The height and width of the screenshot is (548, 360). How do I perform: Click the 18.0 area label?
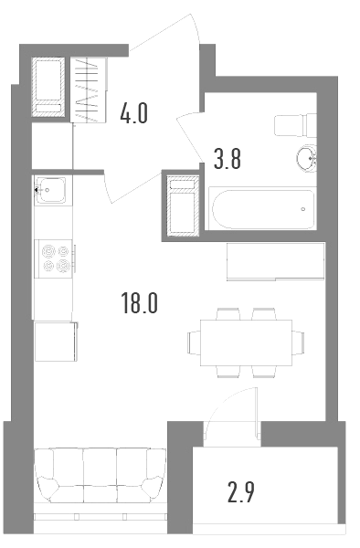tap(139, 303)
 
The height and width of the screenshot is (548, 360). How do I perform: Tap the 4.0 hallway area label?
tap(133, 113)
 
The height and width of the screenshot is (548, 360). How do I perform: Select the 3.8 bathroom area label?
tap(228, 159)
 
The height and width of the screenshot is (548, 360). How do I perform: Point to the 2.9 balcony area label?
tap(241, 491)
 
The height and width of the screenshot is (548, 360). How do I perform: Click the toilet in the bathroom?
tap(295, 125)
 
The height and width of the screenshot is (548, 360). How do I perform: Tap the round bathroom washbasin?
tap(306, 159)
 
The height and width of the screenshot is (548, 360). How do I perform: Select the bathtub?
tap(262, 208)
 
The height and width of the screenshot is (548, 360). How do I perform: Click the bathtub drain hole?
tap(303, 209)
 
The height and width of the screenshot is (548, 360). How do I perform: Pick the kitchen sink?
tap(51, 190)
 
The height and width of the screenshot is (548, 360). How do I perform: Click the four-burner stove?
tap(55, 258)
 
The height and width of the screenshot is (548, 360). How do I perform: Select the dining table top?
tap(246, 342)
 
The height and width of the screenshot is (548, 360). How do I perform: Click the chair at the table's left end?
tap(194, 342)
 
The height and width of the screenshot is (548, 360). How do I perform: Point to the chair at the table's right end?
tap(298, 342)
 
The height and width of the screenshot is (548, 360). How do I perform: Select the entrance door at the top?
tap(164, 32)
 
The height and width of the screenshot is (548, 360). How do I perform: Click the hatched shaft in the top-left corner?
tap(48, 88)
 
